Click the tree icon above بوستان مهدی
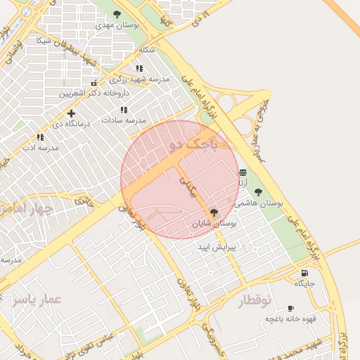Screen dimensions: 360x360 [x=117, y=14]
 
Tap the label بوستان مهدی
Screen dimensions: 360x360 [x=117, y=25]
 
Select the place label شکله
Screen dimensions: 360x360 [x=147, y=50]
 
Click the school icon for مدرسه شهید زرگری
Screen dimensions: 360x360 [x=139, y=68]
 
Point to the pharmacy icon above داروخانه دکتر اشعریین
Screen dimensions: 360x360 [x=94, y=83]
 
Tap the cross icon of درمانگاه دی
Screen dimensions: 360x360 [x=70, y=113]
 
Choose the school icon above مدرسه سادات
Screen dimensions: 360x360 [x=124, y=110]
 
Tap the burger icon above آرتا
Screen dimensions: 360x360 [x=243, y=172]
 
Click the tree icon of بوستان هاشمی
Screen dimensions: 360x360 [x=258, y=191]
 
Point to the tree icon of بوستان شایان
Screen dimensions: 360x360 [x=214, y=212]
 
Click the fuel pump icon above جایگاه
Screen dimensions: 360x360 [x=304, y=273]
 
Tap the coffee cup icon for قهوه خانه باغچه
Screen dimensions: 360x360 [x=290, y=309]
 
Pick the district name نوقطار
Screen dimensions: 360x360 [x=254, y=301]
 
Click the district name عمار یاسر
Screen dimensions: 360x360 [x=37, y=300]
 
